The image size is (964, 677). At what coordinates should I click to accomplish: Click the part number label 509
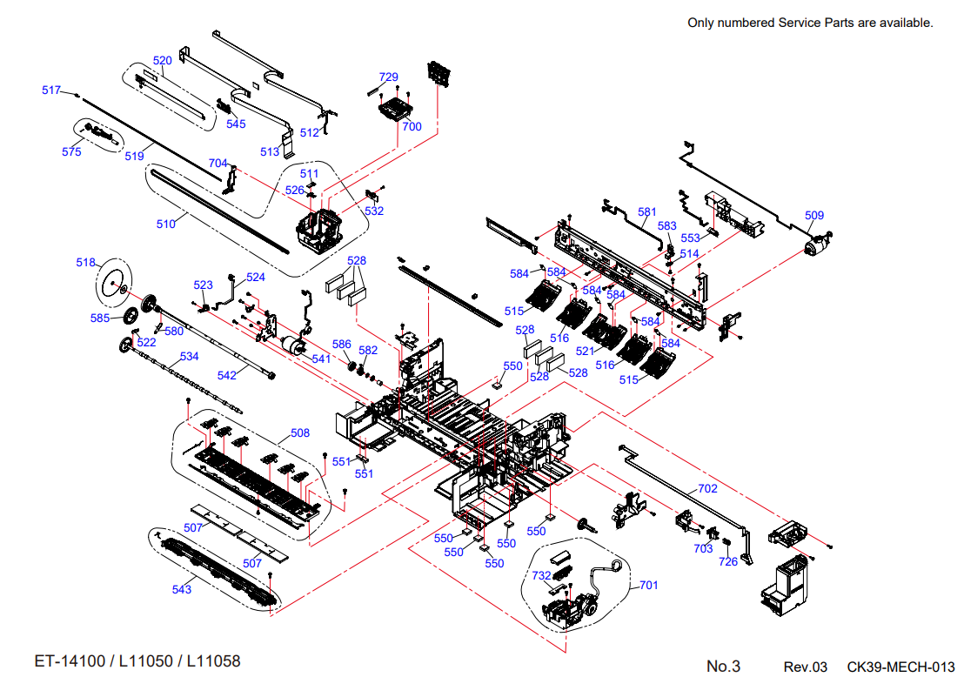pos(814,215)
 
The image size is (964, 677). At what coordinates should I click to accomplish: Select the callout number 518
pos(85,263)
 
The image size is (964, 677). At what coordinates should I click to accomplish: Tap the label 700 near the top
pos(412,127)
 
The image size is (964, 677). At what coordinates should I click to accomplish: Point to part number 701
pos(648,586)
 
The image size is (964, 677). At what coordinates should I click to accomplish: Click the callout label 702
pos(707,489)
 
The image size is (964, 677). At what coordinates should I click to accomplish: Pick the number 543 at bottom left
pos(181,590)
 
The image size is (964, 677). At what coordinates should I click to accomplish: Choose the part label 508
pos(300,432)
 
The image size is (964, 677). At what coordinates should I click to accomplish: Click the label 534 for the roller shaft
pos(190,357)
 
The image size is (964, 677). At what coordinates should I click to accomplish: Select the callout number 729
pos(389,77)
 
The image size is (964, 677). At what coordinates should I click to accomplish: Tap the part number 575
pos(71,152)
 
